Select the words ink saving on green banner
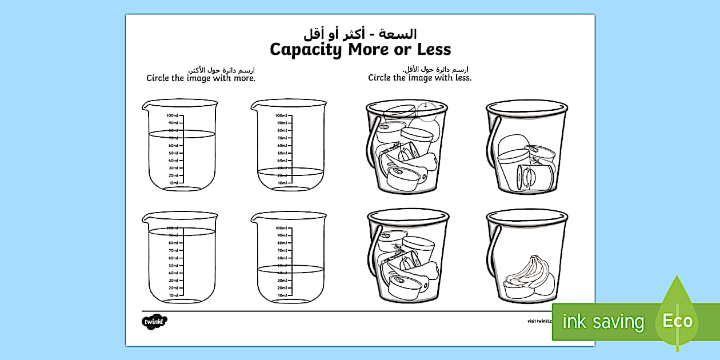(x=603, y=322)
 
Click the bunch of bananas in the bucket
(x=526, y=274)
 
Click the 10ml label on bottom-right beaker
(x=281, y=295)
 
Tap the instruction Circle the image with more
(x=201, y=78)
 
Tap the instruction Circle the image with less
(x=420, y=78)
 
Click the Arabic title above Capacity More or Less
(x=360, y=33)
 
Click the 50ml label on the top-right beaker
(x=282, y=153)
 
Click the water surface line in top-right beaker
(x=290, y=170)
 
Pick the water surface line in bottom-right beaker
(x=290, y=269)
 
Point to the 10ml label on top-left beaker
(x=174, y=183)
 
